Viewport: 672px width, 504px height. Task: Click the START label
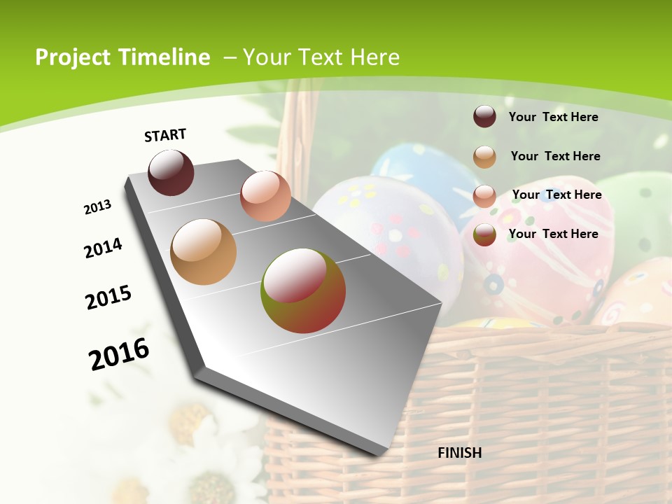tap(165, 135)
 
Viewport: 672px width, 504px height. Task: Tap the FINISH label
tap(459, 453)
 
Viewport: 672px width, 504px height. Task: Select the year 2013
tap(98, 206)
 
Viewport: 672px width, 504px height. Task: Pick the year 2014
tap(103, 248)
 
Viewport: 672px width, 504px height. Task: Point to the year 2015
tap(108, 297)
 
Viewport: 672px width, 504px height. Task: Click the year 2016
tap(119, 353)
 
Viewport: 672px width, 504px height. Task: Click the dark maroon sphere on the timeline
tap(171, 172)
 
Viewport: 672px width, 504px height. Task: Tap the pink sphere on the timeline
tap(265, 195)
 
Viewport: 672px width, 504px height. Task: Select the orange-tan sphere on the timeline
tap(203, 252)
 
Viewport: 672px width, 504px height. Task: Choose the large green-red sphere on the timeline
tap(303, 290)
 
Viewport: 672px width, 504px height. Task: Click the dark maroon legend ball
tap(484, 117)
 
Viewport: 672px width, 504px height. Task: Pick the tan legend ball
tap(484, 157)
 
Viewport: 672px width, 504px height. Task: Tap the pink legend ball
tap(484, 196)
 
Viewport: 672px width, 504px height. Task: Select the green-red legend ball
tap(484, 234)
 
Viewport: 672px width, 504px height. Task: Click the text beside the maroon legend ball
tap(553, 118)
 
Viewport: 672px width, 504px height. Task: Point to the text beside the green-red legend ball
tap(553, 234)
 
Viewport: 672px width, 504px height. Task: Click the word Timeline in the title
tap(164, 57)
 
